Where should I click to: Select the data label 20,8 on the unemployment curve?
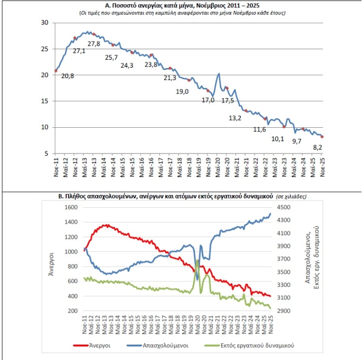(67, 76)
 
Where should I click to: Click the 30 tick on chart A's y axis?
(45, 23)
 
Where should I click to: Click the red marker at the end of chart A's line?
(323, 137)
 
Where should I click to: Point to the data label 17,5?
(228, 100)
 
